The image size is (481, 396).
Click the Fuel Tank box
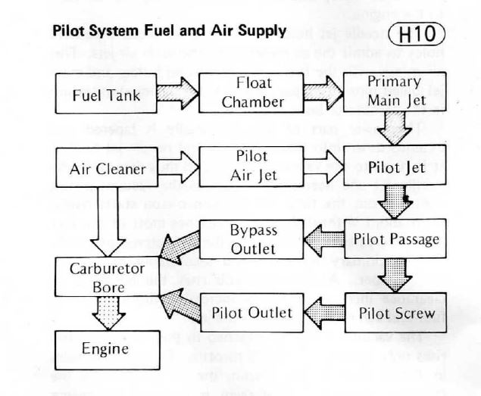coord(101,96)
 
